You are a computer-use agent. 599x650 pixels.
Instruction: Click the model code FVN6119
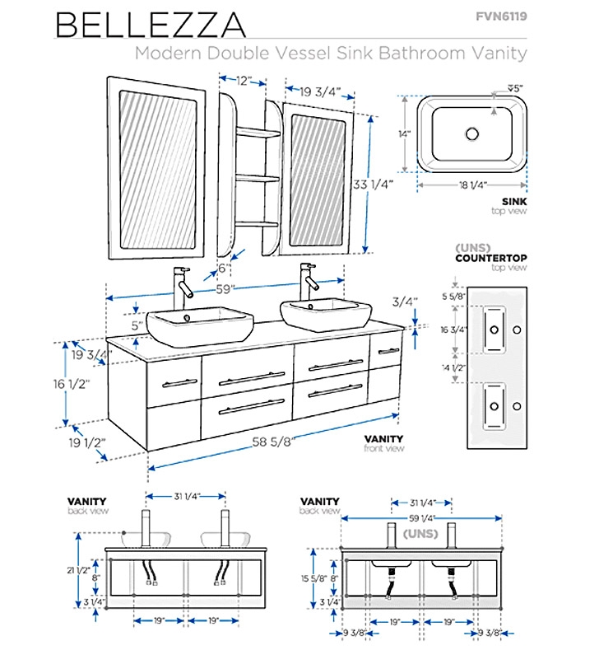coord(502,16)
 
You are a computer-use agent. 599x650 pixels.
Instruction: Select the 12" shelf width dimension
coord(243,82)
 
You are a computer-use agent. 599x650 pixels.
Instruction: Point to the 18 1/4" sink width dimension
coord(471,185)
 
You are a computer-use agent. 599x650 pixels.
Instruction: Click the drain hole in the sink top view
coord(472,133)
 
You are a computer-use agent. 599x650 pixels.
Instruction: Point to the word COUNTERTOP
coord(491,259)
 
